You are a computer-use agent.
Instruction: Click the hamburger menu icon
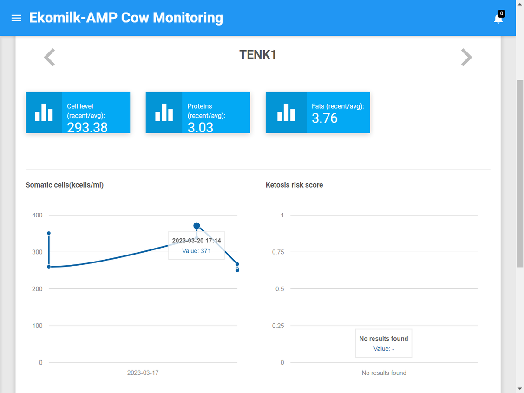tap(16, 18)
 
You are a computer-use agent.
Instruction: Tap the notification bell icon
tap(498, 19)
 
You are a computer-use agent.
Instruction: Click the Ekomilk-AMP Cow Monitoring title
tap(126, 18)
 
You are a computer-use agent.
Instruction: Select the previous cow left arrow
tap(49, 58)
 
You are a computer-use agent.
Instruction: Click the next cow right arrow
tap(466, 58)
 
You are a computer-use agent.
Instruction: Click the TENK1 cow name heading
tap(258, 55)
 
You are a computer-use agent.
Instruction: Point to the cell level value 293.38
tap(87, 127)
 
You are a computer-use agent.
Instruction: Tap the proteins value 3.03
tap(200, 127)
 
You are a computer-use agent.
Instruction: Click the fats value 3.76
tap(325, 118)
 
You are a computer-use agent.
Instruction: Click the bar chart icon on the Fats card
tap(286, 112)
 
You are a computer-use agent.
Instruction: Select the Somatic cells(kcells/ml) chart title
tap(65, 185)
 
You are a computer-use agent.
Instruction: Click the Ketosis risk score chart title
tap(294, 185)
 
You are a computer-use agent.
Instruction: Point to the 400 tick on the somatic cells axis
tap(38, 215)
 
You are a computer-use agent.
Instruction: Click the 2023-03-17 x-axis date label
tap(143, 373)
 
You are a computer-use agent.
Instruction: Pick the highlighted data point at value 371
tap(196, 226)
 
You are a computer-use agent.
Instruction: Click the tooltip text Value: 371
tap(196, 251)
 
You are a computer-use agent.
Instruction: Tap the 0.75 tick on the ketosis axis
tap(278, 252)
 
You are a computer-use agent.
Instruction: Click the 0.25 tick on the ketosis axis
tap(278, 326)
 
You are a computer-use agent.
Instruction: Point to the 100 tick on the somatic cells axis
tap(38, 326)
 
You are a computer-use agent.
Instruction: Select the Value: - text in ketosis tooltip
tap(384, 349)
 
